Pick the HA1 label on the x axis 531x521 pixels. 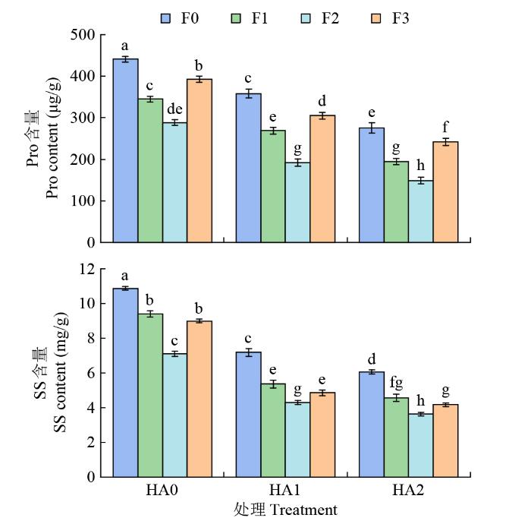(x=284, y=491)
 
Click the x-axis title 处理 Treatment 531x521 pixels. (x=285, y=509)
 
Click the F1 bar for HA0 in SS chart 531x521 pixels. (x=150, y=395)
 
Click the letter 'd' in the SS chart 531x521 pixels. (x=371, y=359)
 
